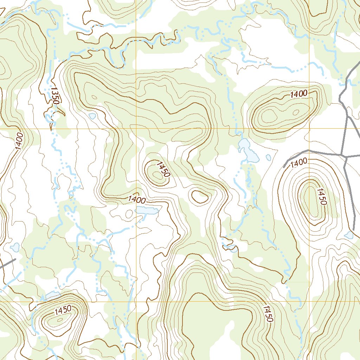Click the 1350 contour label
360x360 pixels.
point(54,96)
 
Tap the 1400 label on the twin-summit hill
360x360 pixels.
point(299,94)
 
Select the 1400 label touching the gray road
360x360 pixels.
point(299,162)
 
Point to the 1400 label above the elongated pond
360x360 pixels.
point(137,200)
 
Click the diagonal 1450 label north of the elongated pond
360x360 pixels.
point(163,169)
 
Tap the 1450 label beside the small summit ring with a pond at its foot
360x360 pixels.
point(63,310)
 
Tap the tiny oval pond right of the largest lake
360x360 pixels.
point(269,157)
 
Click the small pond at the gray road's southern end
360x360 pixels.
point(349,235)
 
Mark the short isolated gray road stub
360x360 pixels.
point(8,264)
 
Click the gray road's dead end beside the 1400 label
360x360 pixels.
point(284,166)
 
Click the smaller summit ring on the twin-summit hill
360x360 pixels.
point(296,112)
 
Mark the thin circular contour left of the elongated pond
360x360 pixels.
point(129,213)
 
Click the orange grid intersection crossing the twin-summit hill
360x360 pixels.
point(309,129)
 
